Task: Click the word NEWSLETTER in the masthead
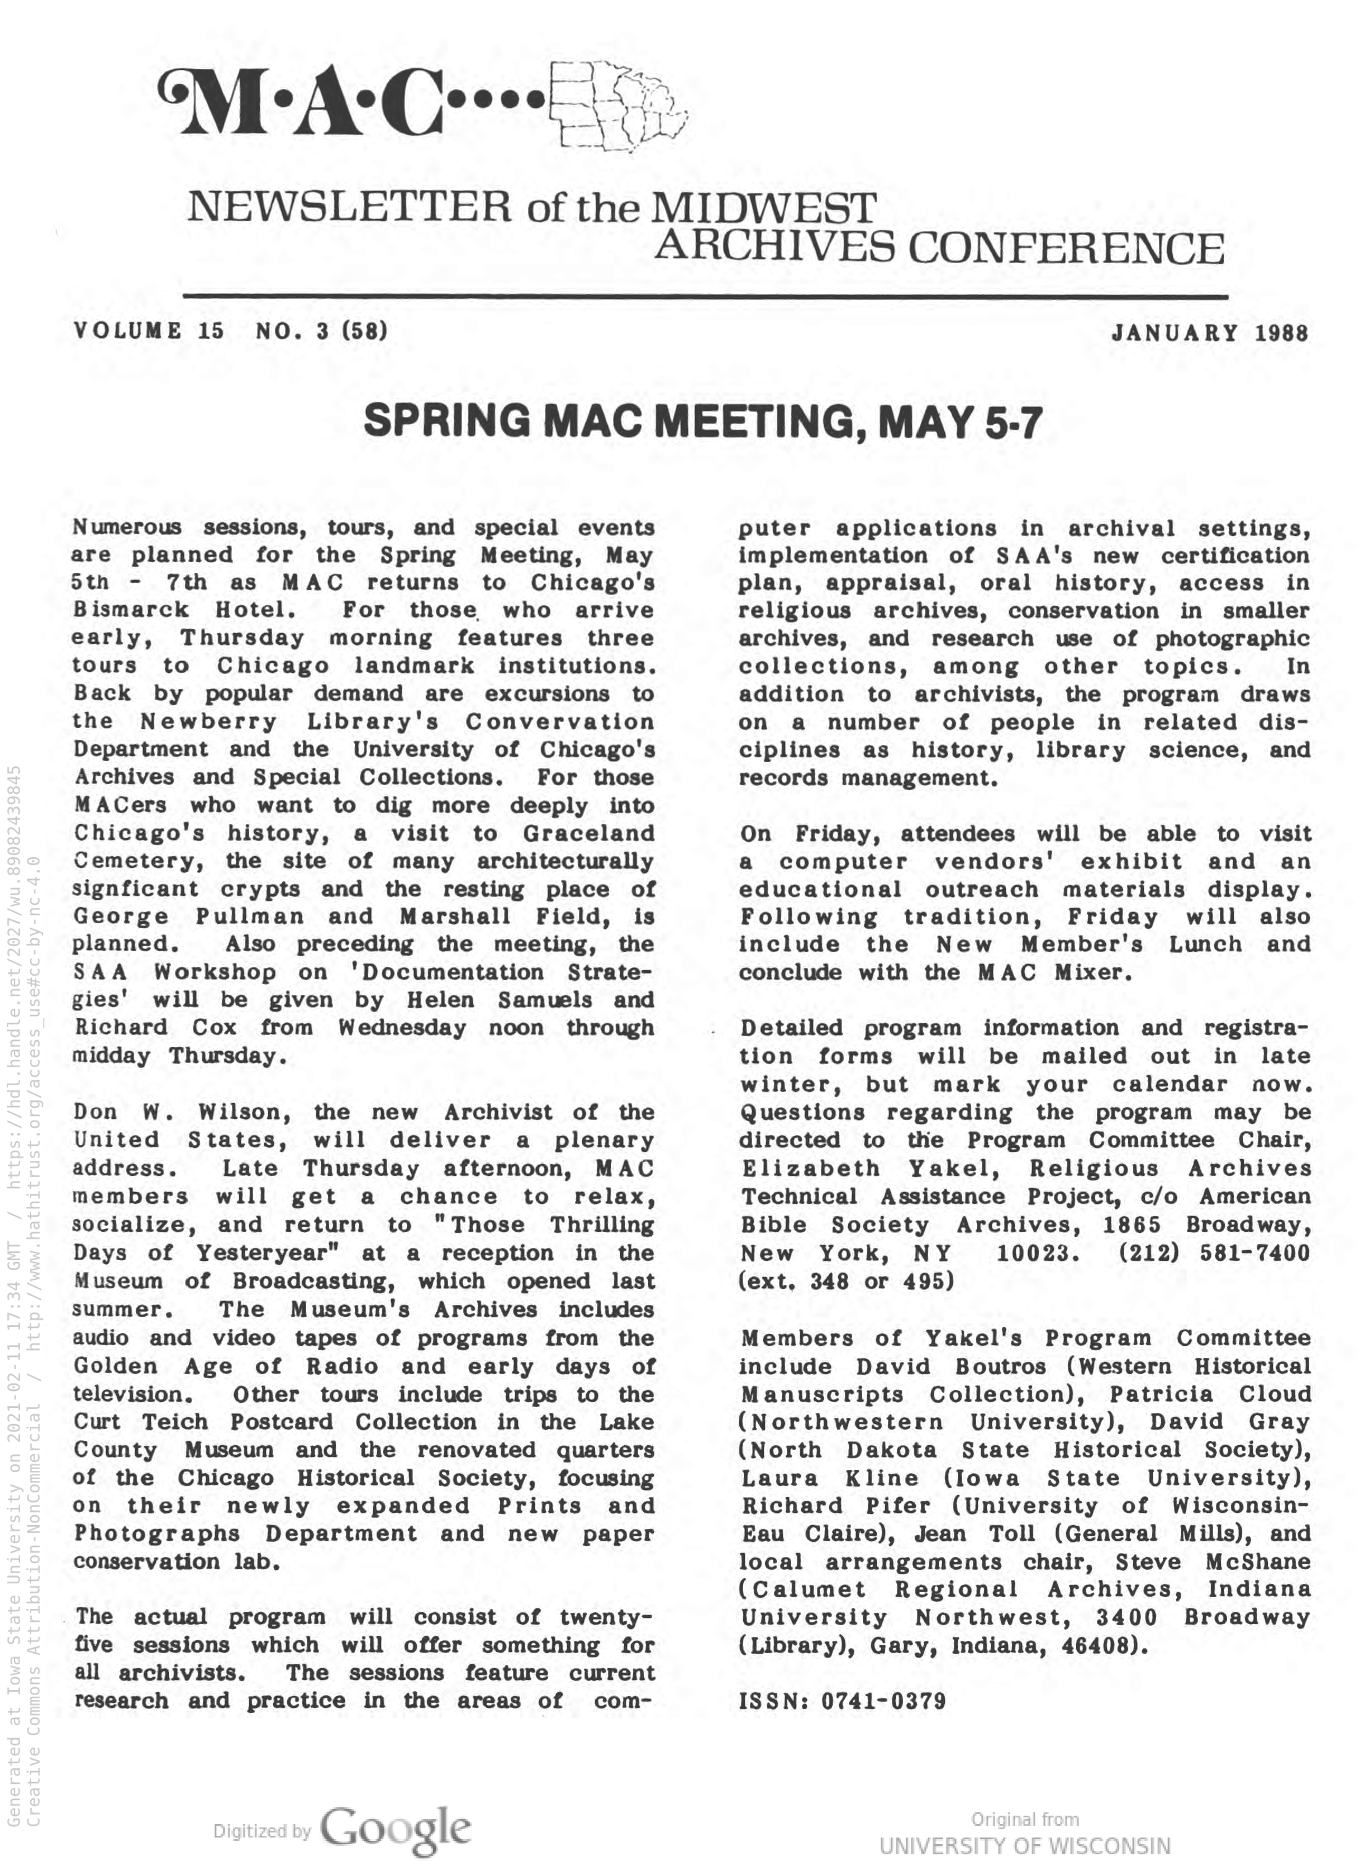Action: pos(348,208)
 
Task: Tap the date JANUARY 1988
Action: pos(1209,333)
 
